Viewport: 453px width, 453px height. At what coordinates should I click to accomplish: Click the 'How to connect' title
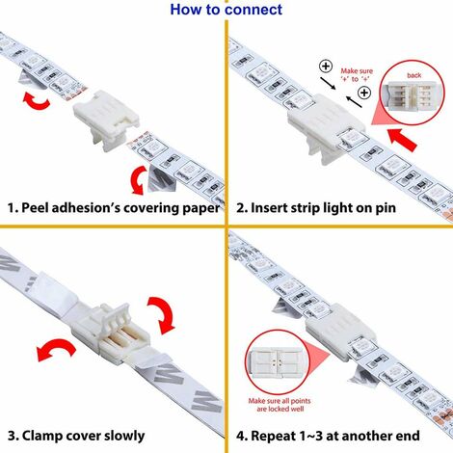(226, 10)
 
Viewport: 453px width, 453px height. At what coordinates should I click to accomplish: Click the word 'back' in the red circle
(413, 75)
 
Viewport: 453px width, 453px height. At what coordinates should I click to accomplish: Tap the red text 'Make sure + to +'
(357, 75)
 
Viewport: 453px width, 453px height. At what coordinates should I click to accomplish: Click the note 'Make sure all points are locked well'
(280, 405)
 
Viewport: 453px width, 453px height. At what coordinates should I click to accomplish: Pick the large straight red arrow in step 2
(403, 140)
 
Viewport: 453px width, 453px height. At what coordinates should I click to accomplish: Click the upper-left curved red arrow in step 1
(36, 100)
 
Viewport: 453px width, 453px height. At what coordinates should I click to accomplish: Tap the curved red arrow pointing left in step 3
(55, 348)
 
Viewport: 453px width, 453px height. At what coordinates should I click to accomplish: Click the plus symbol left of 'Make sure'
(326, 67)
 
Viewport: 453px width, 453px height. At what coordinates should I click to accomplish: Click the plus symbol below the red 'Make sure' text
(364, 93)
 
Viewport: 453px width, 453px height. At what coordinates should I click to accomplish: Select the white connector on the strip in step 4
(340, 331)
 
